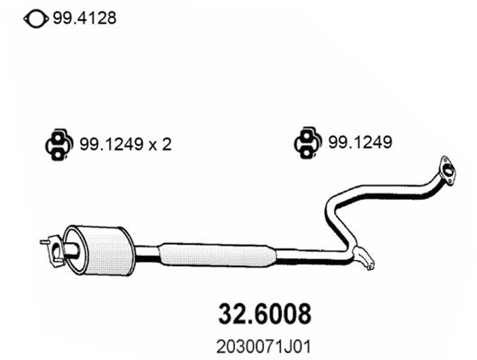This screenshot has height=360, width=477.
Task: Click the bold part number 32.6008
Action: click(265, 313)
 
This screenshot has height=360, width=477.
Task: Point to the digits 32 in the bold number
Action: click(231, 313)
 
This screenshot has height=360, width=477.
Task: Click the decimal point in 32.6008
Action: click(247, 320)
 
